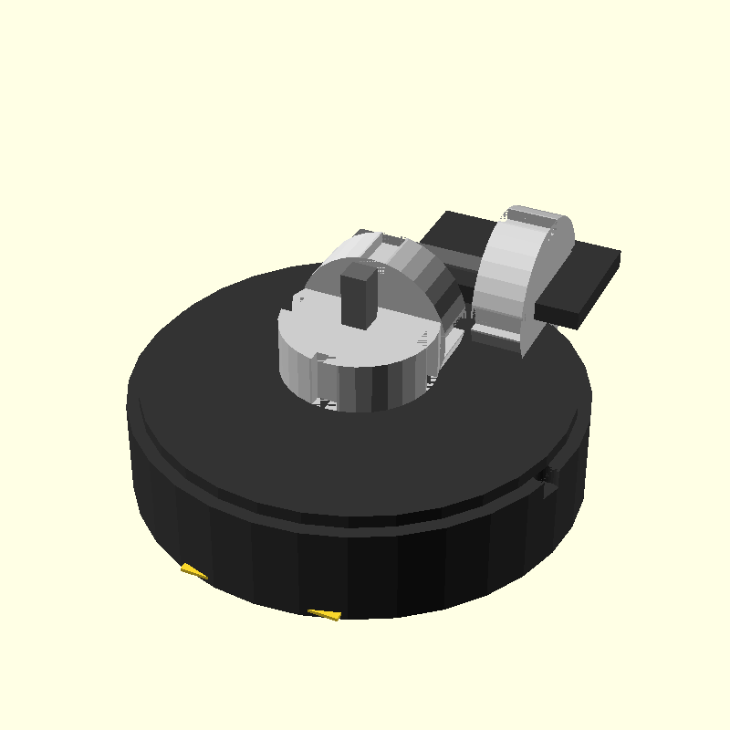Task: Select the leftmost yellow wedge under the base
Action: [193, 571]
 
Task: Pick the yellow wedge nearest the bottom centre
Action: [324, 614]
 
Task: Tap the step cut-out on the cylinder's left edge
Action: [301, 300]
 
